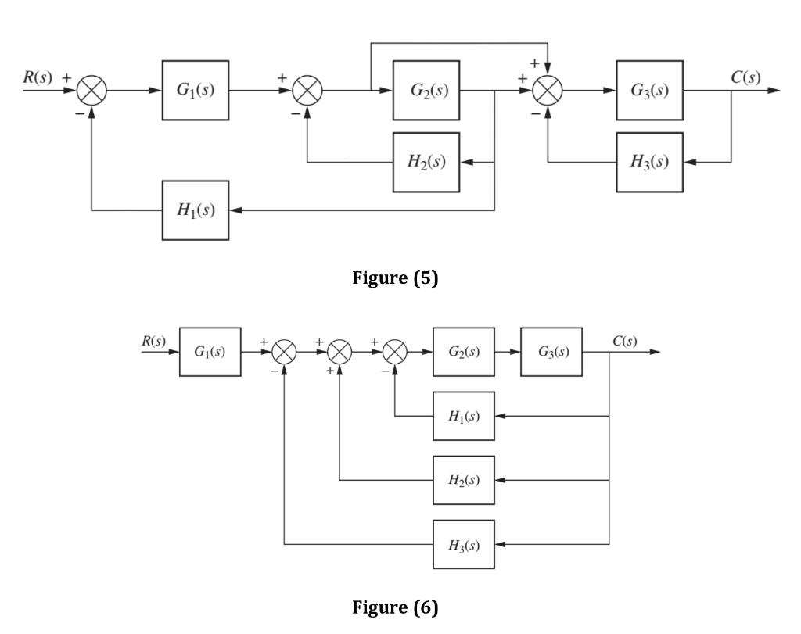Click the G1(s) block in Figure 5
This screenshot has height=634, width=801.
point(196,90)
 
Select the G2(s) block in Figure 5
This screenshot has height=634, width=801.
point(426,90)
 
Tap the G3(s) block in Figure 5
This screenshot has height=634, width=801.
point(649,90)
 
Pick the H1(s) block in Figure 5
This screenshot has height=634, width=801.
point(196,210)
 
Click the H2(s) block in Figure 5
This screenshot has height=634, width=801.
point(426,162)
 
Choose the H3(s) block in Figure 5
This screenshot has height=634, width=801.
point(649,162)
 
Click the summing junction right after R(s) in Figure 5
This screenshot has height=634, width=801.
point(92,91)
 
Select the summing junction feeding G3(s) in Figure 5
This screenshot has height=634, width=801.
point(548,91)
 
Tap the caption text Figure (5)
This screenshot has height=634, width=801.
point(395,278)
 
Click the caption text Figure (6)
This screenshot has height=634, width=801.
point(395,607)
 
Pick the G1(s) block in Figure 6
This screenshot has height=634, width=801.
point(210,352)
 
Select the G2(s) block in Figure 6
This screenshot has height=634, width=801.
point(464,352)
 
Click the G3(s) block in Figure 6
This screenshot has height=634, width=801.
point(551,352)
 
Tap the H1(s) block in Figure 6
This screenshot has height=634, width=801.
point(464,416)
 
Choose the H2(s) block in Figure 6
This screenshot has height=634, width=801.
point(464,480)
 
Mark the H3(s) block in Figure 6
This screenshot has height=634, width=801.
point(464,544)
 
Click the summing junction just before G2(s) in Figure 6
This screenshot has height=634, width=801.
point(395,353)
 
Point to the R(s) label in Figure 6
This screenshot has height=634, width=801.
point(153,341)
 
